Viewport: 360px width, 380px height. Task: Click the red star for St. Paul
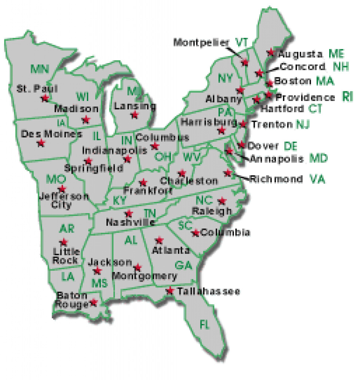coord(45,98)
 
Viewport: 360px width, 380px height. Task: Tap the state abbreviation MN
coord(40,69)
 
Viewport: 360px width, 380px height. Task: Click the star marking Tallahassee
coord(170,290)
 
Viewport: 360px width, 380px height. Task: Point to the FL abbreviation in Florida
coord(204,324)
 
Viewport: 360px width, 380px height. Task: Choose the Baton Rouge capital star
coord(94,302)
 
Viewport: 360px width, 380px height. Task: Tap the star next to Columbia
coord(195,233)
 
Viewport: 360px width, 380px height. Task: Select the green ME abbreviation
coord(336,54)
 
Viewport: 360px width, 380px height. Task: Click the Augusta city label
coord(300,54)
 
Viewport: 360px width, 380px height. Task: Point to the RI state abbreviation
coord(347,97)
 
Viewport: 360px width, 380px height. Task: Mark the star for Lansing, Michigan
coord(135,115)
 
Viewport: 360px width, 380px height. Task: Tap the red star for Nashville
coord(129,213)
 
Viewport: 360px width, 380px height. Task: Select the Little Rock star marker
coord(64,242)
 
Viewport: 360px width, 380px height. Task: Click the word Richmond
coord(276,179)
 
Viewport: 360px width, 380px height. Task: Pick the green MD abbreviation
coord(318,159)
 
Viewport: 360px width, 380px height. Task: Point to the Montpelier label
coord(202,42)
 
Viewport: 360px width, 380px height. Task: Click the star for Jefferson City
coord(62,189)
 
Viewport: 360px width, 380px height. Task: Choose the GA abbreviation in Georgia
coord(183,265)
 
